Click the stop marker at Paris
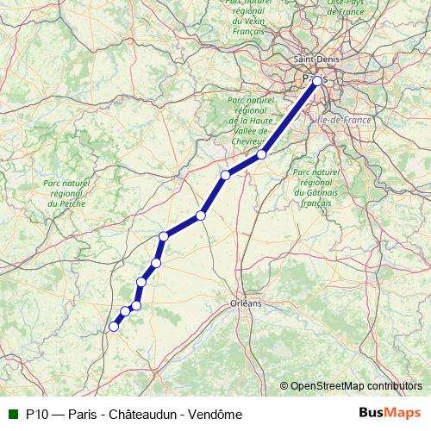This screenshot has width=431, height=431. coord(317,81)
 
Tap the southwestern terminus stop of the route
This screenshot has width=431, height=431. coord(113,326)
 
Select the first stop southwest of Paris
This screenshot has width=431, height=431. coord(261,155)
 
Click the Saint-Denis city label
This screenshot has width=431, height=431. coord(316,59)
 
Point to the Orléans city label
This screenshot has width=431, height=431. coord(247,304)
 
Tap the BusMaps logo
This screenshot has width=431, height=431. coord(390,413)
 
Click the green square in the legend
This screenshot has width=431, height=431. coord(13,414)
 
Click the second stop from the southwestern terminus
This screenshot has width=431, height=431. coord(126,311)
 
